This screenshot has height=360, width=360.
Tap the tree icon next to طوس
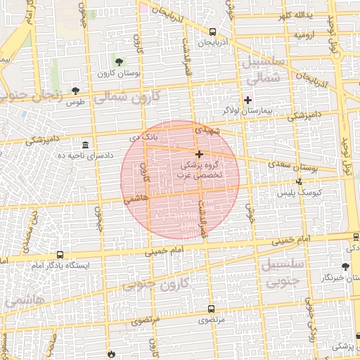(76, 91)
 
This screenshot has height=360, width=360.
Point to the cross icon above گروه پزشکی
(199, 154)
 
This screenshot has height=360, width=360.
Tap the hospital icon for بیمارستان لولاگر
(247, 100)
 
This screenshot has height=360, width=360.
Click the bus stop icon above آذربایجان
(212, 32)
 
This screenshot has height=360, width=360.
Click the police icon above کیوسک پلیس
(300, 182)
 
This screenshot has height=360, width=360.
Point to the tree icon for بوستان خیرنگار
(345, 266)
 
